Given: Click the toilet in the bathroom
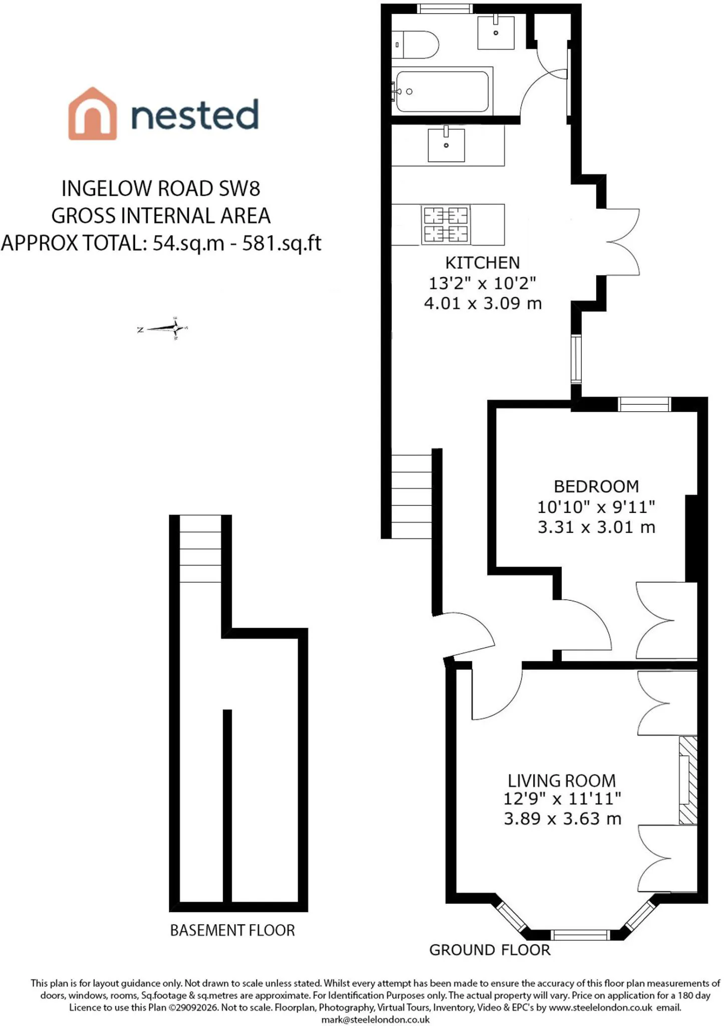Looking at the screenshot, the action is [415, 45].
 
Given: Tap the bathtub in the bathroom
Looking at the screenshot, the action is [442, 91].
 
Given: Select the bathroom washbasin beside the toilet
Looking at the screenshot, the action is [496, 33].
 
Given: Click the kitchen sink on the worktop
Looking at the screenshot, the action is [446, 145].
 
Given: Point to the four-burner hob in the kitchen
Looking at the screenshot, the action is [446, 225].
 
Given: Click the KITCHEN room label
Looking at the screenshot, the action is [482, 263].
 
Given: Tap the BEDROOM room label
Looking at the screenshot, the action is [596, 486].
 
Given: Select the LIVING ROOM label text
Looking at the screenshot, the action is [562, 781].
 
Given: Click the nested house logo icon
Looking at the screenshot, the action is [93, 114].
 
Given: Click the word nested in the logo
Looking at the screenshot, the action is [195, 115].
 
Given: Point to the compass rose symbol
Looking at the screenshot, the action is [163, 329].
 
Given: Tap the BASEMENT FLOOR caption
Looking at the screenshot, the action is [232, 930].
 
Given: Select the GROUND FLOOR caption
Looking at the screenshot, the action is [490, 950].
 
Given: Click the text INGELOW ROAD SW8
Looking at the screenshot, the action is [161, 189].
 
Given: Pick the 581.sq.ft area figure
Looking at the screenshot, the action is [282, 243].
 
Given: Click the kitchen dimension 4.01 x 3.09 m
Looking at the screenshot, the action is [483, 304].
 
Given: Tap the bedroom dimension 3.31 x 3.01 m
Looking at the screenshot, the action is [597, 527].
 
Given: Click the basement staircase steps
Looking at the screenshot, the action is [200, 549].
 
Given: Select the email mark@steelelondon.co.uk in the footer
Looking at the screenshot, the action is [375, 1019].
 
